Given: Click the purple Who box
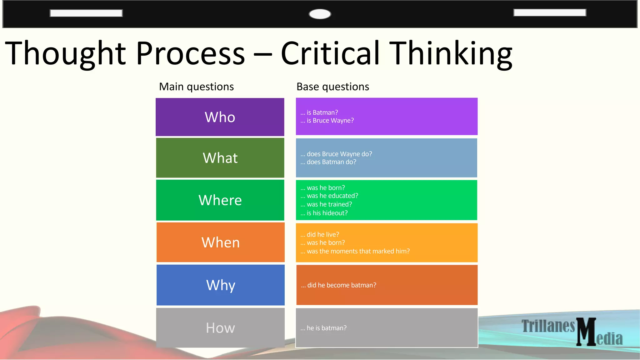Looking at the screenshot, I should click(220, 117).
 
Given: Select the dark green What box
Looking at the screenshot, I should click(220, 158).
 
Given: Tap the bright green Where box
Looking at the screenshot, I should click(220, 200).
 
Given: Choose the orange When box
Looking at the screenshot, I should click(220, 242).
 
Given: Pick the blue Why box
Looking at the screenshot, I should click(220, 285).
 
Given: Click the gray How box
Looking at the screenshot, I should click(220, 328).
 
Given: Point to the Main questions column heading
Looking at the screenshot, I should click(196, 87).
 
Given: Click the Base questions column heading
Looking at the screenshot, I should click(332, 87).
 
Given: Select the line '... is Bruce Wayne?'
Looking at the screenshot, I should click(327, 121).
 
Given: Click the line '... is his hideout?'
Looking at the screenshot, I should click(324, 213).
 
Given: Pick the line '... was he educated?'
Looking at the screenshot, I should click(329, 196).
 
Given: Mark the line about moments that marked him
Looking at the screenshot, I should click(355, 251).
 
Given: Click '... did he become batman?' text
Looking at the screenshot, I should click(338, 285).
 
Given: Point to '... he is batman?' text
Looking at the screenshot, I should click(323, 328).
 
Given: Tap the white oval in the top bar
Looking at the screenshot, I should click(320, 14).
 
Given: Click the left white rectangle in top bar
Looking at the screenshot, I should click(86, 13).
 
